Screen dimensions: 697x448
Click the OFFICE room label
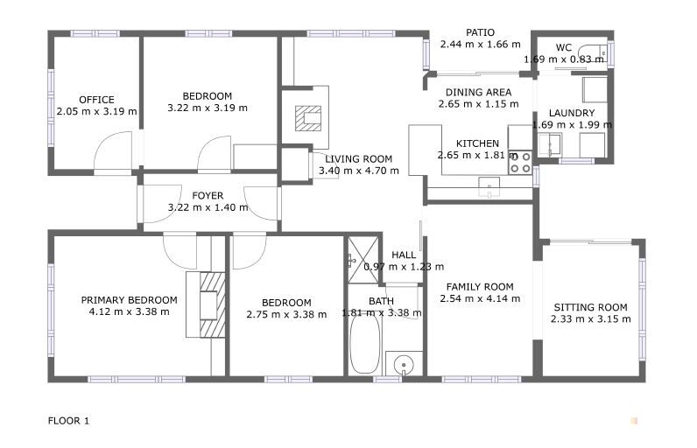96,100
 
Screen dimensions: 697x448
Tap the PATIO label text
480,32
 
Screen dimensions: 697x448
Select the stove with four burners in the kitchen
520,163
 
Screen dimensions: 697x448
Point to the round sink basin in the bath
404,365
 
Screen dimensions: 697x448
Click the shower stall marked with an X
363,260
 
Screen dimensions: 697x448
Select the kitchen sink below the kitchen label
489,187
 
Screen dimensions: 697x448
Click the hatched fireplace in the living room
308,118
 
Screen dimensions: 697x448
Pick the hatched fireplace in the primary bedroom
212,305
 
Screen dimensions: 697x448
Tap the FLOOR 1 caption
68,421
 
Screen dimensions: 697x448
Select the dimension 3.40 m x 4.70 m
359,171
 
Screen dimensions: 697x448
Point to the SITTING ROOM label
590,307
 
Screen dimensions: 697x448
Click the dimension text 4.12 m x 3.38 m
129,311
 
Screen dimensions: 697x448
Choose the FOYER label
208,195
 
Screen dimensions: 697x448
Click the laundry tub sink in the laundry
549,143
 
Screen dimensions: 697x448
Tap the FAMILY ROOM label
480,287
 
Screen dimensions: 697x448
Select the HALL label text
404,255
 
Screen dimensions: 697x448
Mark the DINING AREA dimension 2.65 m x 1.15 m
478,104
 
